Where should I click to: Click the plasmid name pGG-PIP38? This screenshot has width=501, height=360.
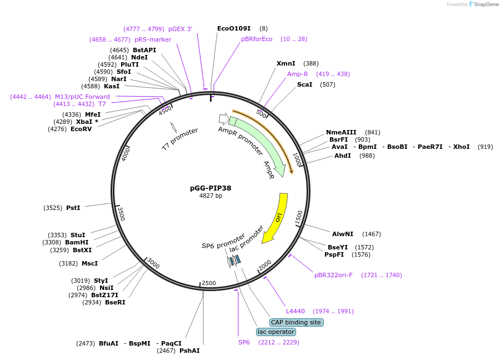click(211, 188)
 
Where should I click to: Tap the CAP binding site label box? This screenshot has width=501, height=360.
click(296, 322)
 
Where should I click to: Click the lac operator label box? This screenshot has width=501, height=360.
click(275, 332)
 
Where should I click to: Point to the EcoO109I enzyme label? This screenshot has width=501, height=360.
click(234, 28)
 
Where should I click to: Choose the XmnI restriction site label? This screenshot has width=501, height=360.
click(286, 63)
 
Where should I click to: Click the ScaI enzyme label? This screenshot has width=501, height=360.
click(305, 84)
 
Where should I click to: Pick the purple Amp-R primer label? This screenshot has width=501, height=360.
click(298, 74)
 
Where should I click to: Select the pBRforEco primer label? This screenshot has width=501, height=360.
click(257, 39)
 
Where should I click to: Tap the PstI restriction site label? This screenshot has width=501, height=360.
click(73, 208)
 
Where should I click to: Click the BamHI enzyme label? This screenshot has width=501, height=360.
click(77, 242)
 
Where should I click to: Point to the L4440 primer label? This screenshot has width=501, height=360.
click(295, 311)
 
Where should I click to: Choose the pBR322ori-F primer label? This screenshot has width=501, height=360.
click(333, 275)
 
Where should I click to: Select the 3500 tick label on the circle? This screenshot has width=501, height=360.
click(122, 214)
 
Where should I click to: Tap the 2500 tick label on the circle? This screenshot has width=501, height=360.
click(208, 283)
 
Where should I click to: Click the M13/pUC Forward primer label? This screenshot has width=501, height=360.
click(82, 97)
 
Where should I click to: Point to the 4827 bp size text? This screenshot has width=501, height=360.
click(211, 196)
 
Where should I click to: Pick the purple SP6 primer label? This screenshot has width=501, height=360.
click(244, 342)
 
